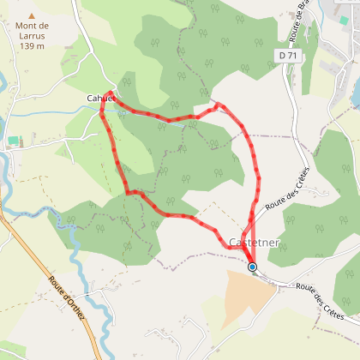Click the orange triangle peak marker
(x=33, y=15)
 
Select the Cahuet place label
(x=100, y=99)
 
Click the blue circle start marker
(x=252, y=267)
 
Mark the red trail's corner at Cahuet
(x=110, y=92)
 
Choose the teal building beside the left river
(x=12, y=140)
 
